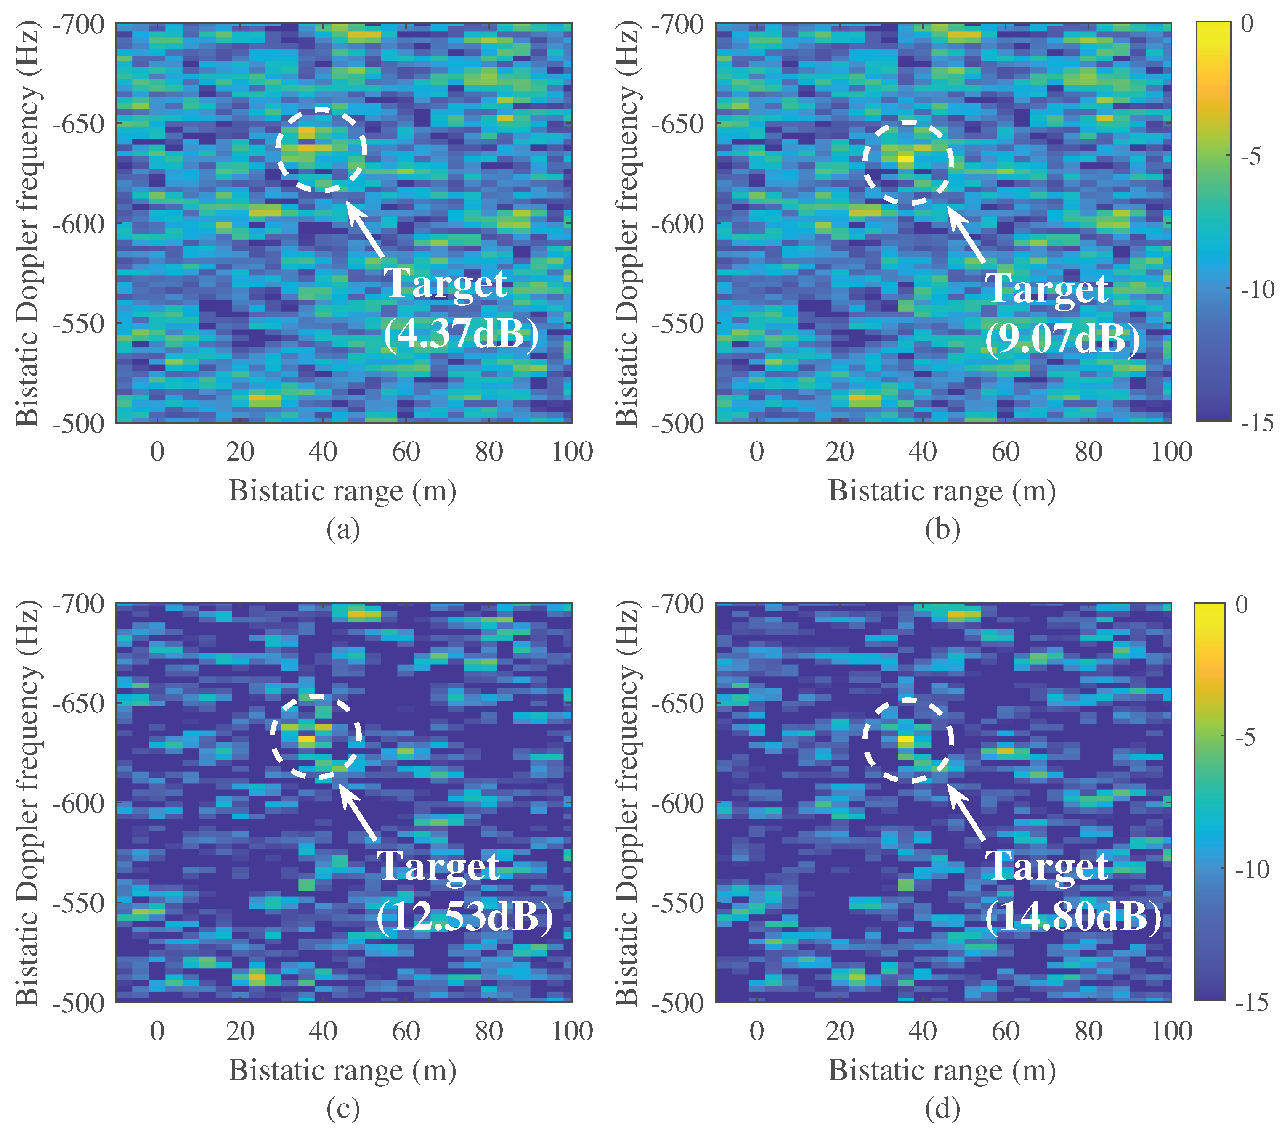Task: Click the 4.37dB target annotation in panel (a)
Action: (461, 332)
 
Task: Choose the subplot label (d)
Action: (943, 1109)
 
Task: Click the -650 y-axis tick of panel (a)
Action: (78, 124)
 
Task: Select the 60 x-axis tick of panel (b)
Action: (1006, 451)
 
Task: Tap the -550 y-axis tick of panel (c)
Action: (78, 903)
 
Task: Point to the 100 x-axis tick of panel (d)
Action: (1171, 1031)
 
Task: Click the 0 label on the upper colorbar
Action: (1247, 24)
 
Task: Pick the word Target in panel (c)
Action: (438, 866)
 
